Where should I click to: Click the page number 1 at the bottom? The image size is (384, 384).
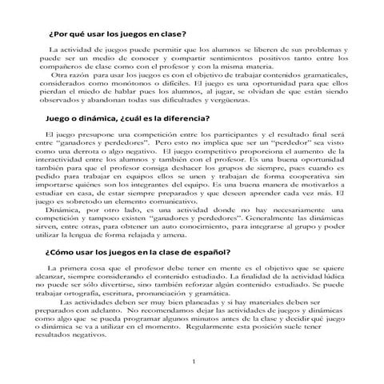click(194, 364)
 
